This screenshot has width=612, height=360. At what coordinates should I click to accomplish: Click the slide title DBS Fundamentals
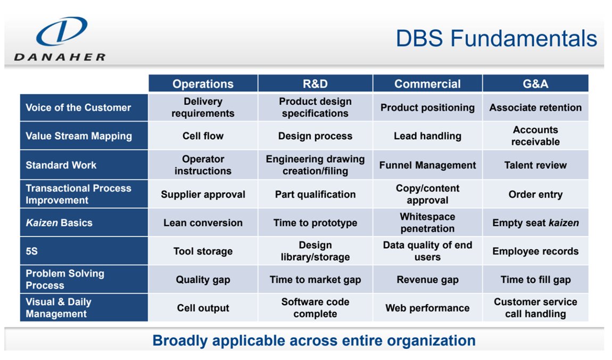(496, 39)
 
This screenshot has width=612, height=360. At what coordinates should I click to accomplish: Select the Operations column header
(203, 84)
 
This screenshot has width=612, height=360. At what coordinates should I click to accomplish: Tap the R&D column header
(315, 84)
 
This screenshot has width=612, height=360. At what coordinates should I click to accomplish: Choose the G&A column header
(535, 84)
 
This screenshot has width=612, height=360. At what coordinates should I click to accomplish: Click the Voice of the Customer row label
(78, 107)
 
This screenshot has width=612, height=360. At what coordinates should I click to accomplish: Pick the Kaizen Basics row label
(59, 223)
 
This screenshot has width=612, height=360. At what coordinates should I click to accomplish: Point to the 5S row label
(32, 251)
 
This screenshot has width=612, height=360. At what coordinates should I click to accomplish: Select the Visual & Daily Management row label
(59, 308)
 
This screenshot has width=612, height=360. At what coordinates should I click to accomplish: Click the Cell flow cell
(203, 136)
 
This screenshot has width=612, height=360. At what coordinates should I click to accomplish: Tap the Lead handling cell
(427, 136)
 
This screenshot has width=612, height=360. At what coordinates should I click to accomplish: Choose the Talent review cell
(535, 165)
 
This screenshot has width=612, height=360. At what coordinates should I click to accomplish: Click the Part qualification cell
(315, 194)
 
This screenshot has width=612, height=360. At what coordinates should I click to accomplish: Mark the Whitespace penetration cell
(427, 223)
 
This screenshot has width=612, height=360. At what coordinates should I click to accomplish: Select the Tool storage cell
(203, 251)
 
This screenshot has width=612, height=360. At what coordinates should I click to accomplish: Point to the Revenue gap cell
(427, 280)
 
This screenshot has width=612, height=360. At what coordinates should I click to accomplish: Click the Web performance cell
(427, 308)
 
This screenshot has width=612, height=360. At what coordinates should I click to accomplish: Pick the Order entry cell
(535, 194)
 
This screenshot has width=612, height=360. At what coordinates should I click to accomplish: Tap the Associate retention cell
(535, 107)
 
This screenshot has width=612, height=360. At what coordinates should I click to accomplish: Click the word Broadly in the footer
(178, 340)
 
